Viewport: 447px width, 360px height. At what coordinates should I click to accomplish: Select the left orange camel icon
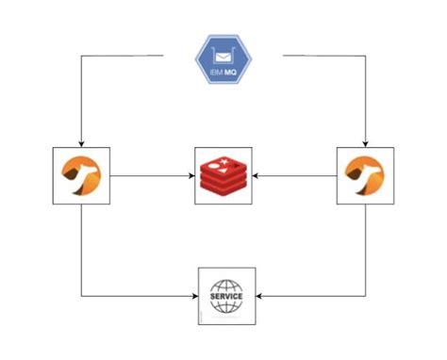(81, 174)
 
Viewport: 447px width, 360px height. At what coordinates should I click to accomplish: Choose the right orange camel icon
(365, 174)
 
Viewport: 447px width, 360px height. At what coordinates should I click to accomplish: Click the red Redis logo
(223, 175)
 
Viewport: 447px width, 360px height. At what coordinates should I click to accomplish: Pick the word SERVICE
(226, 296)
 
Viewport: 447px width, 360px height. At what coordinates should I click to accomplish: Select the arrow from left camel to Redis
(151, 174)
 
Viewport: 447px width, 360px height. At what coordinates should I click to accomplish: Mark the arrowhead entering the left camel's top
(81, 142)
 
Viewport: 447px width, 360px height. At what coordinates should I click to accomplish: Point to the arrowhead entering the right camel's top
(365, 142)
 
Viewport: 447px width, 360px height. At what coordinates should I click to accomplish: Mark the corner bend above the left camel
(81, 56)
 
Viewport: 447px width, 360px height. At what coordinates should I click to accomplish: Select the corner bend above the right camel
(365, 56)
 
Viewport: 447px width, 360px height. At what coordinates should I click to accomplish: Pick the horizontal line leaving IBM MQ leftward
(123, 56)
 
